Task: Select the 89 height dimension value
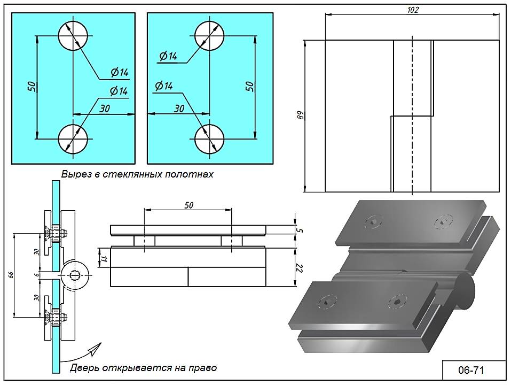[300, 115]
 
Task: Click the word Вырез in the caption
[73, 174]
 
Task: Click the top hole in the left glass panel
[73, 36]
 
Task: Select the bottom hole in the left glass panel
[73, 139]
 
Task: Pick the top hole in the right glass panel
[209, 36]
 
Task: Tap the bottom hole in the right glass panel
[209, 139]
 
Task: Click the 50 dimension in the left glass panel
[31, 87]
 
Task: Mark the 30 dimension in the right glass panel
[179, 108]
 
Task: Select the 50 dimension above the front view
[188, 205]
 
